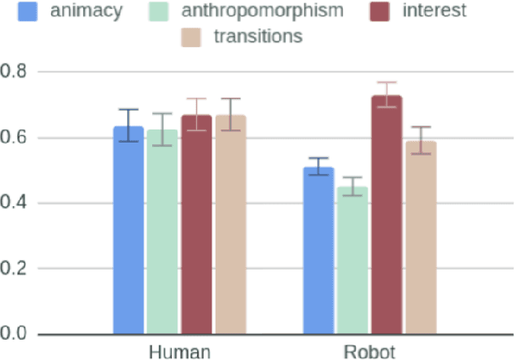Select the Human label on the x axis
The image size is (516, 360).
(179, 352)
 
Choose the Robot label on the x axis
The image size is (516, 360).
(370, 352)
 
